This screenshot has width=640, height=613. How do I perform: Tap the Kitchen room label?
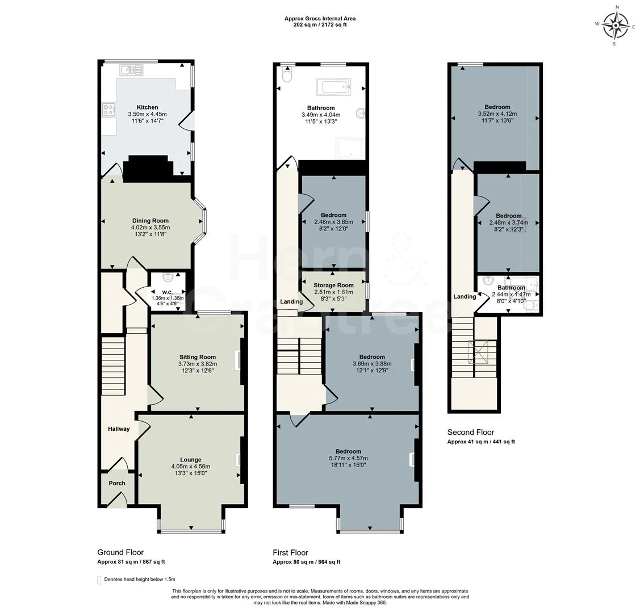pyautogui.click(x=147, y=108)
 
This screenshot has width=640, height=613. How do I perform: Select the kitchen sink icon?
pyautogui.click(x=131, y=70)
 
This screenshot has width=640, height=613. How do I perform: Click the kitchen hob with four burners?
pyautogui.click(x=108, y=110)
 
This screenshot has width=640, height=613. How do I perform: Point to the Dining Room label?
pyautogui.click(x=150, y=221)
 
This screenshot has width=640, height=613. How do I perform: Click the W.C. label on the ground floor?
pyautogui.click(x=167, y=292)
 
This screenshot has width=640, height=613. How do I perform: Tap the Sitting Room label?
pyautogui.click(x=198, y=357)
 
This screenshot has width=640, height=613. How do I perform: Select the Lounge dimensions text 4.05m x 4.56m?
pyautogui.click(x=191, y=466)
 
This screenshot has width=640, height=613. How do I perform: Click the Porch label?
pyautogui.click(x=117, y=483)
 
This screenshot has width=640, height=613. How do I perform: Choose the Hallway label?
pyautogui.click(x=119, y=429)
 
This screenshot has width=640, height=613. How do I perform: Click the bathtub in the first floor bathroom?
pyautogui.click(x=333, y=86)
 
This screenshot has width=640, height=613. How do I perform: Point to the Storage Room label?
pyautogui.click(x=333, y=285)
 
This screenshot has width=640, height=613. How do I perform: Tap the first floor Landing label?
pyautogui.click(x=291, y=302)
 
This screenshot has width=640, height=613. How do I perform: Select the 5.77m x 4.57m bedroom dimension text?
pyautogui.click(x=349, y=458)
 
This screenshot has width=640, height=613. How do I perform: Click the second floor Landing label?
pyautogui.click(x=465, y=296)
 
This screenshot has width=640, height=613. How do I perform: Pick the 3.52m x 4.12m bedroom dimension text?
pyautogui.click(x=497, y=114)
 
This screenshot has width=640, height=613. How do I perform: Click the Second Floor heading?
pyautogui.click(x=471, y=433)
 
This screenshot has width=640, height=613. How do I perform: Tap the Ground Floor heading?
pyautogui.click(x=120, y=552)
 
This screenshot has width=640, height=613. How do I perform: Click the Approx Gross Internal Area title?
pyautogui.click(x=320, y=18)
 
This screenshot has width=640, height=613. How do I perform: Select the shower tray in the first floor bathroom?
pyautogui.click(x=349, y=148)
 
